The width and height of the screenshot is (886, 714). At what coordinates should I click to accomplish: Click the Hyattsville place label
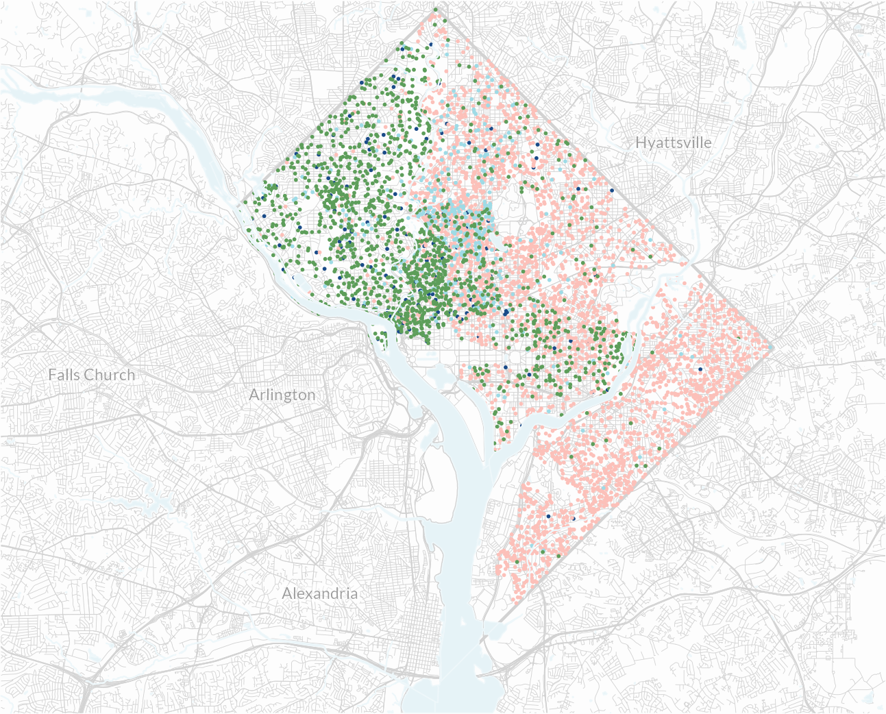pyautogui.click(x=674, y=143)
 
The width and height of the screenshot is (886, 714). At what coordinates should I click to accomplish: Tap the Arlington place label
pyautogui.click(x=282, y=395)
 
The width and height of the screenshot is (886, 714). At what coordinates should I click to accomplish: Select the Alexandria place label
pyautogui.click(x=320, y=593)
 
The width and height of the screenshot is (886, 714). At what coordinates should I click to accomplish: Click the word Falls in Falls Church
pyautogui.click(x=63, y=375)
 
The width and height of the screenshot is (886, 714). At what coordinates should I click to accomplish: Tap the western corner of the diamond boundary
pyautogui.click(x=240, y=204)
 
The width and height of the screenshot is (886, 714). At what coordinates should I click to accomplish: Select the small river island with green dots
pyautogui.click(x=381, y=338)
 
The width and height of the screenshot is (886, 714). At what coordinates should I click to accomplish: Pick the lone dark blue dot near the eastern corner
pyautogui.click(x=700, y=369)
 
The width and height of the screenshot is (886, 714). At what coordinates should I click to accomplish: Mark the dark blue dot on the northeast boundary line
pyautogui.click(x=612, y=190)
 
